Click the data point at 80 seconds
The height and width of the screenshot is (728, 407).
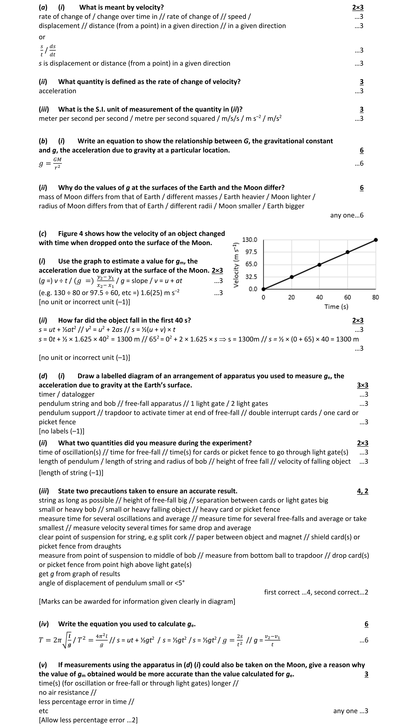(375, 240)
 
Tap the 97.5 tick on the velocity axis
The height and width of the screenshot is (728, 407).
(251, 252)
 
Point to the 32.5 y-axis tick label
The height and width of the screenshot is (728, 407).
(251, 277)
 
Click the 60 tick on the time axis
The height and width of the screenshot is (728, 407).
(347, 297)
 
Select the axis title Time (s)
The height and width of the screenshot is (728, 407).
(336, 307)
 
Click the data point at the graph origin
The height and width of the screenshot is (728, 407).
(263, 289)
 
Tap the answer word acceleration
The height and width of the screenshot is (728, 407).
(57, 91)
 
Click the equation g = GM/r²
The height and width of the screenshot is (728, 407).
(50, 163)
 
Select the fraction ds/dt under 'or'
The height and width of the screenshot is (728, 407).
(52, 50)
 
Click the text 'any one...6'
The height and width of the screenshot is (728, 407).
(347, 215)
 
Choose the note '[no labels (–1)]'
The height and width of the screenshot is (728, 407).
(62, 431)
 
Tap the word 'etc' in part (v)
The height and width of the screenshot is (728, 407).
(43, 711)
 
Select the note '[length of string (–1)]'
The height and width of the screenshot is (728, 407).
(71, 473)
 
